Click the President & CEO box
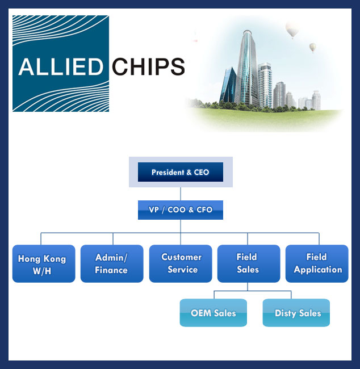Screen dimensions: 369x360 (x=180, y=172)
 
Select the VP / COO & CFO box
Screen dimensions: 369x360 (x=180, y=209)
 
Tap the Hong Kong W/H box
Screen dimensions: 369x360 (x=44, y=264)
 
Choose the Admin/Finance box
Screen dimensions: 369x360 (x=111, y=264)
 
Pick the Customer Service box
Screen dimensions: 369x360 (x=180, y=264)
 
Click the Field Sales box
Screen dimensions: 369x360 (x=248, y=264)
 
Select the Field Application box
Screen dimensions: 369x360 (x=317, y=264)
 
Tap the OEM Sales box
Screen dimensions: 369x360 (x=213, y=313)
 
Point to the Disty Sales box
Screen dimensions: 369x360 (x=296, y=313)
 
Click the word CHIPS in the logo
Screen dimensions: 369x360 (x=148, y=66)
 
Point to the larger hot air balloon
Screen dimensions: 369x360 (x=292, y=30)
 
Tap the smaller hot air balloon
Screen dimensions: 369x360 (x=312, y=48)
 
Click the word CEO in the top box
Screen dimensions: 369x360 (x=201, y=172)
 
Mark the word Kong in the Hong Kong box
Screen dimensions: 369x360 (x=54, y=259)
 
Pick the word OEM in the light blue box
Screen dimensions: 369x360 (x=201, y=313)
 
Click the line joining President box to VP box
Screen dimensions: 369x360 (x=180, y=194)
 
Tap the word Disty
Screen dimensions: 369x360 (x=286, y=313)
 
